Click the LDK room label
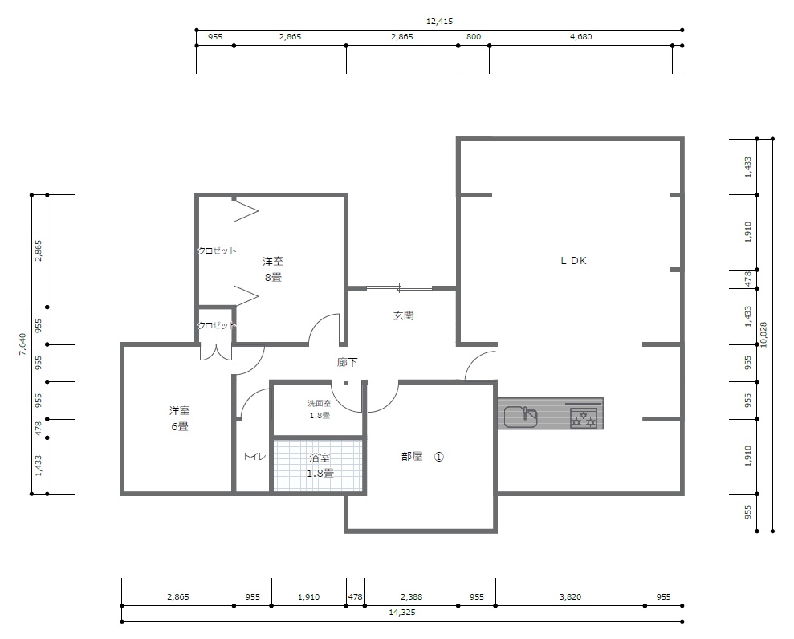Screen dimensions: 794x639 [x=573, y=261]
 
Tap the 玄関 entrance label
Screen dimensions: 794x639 [x=404, y=315]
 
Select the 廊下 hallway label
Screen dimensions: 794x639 [x=347, y=362]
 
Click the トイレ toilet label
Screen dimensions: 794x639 [x=254, y=456]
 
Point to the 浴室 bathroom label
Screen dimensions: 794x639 [x=320, y=458]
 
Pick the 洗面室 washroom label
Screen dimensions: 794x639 [x=319, y=404]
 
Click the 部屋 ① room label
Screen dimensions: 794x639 [x=422, y=457]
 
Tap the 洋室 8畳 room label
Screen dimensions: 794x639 [x=272, y=269]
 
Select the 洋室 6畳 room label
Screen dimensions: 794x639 [x=179, y=418]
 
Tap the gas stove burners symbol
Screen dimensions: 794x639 [x=584, y=418]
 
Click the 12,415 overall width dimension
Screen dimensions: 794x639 [x=439, y=21]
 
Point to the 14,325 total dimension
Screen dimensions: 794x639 [x=401, y=613]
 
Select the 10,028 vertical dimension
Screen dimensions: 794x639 [x=763, y=335]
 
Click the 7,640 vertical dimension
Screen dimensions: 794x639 [x=22, y=344]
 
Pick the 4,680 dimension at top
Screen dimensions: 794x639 [x=580, y=36]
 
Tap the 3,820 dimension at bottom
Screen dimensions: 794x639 [x=570, y=597]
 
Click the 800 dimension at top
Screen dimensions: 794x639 [x=474, y=36]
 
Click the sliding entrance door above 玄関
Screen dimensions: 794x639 [x=400, y=289]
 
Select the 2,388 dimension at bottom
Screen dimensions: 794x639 [x=411, y=597]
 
